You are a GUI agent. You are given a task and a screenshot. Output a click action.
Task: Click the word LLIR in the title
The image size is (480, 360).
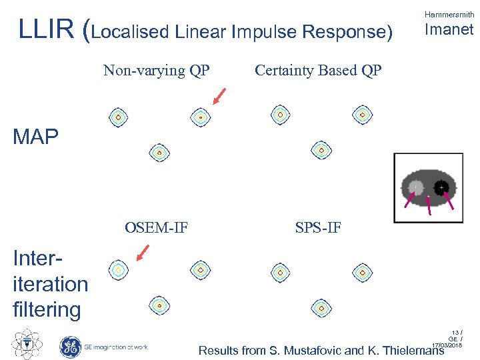click(45, 29)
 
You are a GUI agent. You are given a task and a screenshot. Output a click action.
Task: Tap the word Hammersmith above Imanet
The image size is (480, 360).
click(449, 14)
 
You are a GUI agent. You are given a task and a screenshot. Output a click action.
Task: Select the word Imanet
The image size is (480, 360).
click(449, 29)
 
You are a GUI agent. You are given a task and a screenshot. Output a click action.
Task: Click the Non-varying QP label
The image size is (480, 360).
click(156, 71)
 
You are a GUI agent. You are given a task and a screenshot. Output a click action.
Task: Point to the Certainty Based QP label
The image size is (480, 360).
click(318, 71)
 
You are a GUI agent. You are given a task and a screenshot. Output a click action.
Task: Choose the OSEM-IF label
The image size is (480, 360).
click(156, 229)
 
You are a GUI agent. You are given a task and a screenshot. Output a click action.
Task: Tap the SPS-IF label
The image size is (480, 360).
click(318, 229)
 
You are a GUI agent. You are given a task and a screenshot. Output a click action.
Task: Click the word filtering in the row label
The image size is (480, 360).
click(47, 309)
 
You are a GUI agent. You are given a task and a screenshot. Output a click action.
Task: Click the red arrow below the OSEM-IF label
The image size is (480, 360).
click(143, 253)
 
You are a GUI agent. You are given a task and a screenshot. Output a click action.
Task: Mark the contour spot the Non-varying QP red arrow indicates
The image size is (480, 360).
click(200, 117)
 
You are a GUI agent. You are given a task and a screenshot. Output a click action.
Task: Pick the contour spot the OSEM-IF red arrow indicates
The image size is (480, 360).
click(118, 269)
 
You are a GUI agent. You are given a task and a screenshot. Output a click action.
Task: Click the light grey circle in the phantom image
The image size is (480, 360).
click(415, 188)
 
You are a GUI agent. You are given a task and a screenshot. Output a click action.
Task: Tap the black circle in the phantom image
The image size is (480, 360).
click(441, 189)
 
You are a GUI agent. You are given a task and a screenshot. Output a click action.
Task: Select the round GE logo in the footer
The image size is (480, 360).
click(70, 346)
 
